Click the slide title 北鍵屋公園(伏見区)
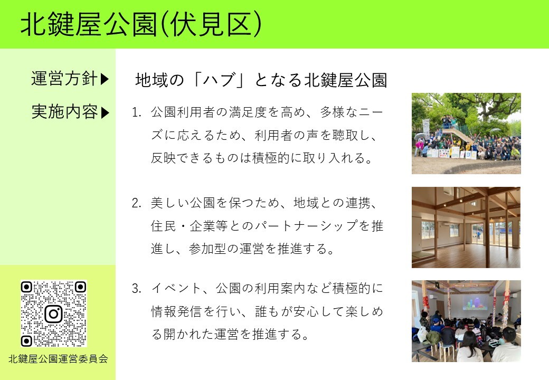[x=141, y=24]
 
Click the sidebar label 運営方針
[x=64, y=79]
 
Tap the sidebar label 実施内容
[x=64, y=112]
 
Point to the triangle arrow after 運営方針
[x=105, y=79]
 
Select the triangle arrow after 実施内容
[x=105, y=112]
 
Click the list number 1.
[x=136, y=112]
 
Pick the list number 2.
[x=136, y=203]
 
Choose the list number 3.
[x=136, y=289]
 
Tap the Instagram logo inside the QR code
[x=53, y=314]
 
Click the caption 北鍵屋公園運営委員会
[x=58, y=359]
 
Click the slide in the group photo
[x=458, y=134]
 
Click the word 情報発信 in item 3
[x=177, y=311]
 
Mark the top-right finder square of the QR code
[x=80, y=288]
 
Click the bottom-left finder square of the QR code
[x=26, y=341]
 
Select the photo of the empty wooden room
[x=466, y=227]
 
